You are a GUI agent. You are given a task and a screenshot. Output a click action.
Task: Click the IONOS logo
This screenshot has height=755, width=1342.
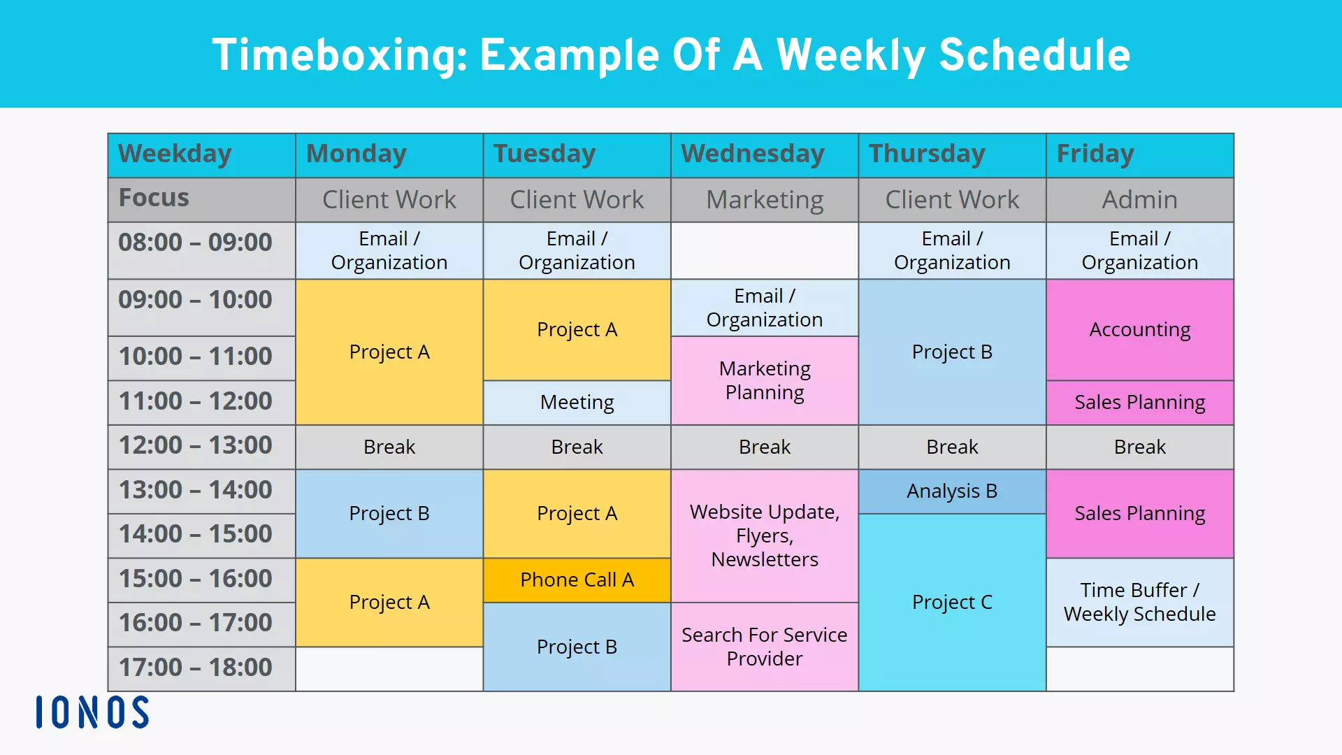pyautogui.click(x=92, y=712)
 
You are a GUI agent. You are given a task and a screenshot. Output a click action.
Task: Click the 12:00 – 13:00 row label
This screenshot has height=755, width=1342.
pyautogui.click(x=195, y=446)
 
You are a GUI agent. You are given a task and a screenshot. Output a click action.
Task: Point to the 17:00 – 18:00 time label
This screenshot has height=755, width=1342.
pyautogui.click(x=195, y=668)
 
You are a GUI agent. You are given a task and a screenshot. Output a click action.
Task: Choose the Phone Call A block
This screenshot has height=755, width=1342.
pyautogui.click(x=577, y=580)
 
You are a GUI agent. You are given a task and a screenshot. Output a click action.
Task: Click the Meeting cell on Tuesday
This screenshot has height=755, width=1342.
pyautogui.click(x=577, y=402)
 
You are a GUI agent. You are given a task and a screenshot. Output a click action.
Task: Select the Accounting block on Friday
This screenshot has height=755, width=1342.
pyautogui.click(x=1139, y=329)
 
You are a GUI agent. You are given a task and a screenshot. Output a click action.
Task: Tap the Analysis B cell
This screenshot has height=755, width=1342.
pyautogui.click(x=951, y=491)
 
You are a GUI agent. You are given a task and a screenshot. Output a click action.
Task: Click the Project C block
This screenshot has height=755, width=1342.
pyautogui.click(x=951, y=602)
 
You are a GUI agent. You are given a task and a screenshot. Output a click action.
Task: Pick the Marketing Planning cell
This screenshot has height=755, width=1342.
pyautogui.click(x=764, y=380)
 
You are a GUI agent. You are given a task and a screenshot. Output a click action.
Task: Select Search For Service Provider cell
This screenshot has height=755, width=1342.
pyautogui.click(x=764, y=647)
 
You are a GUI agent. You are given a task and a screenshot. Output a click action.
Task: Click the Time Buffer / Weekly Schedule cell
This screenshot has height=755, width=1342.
pyautogui.click(x=1139, y=602)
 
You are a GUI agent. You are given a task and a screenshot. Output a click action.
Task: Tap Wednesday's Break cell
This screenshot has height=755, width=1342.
pyautogui.click(x=764, y=447)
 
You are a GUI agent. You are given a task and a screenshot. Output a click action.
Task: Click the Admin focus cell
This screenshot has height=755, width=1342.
pyautogui.click(x=1139, y=200)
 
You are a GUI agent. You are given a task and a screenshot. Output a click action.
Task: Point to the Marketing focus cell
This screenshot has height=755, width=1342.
pyautogui.click(x=764, y=200)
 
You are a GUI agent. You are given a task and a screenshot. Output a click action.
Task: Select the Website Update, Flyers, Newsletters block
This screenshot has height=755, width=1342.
pyautogui.click(x=764, y=535)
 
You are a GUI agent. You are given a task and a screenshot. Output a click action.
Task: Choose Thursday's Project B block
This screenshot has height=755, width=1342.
pyautogui.click(x=951, y=352)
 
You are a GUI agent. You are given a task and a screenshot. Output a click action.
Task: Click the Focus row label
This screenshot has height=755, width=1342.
pyautogui.click(x=154, y=199)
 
